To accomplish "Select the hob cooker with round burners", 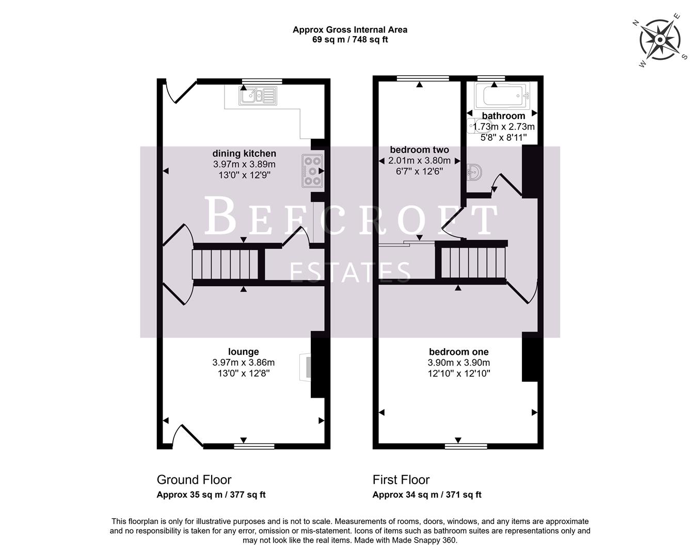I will click(312, 170).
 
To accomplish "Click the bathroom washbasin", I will click(475, 172).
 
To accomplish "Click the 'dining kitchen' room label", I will click(244, 153).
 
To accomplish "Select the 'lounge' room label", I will click(244, 352).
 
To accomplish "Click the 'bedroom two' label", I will click(419, 150).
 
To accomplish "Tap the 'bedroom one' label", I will click(458, 352).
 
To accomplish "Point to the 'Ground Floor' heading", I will click(194, 480).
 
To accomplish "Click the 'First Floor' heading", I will click(401, 480).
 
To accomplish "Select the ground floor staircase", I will click(225, 265).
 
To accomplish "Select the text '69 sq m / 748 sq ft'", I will click(350, 40).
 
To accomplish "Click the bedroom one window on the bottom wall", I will click(458, 445).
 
